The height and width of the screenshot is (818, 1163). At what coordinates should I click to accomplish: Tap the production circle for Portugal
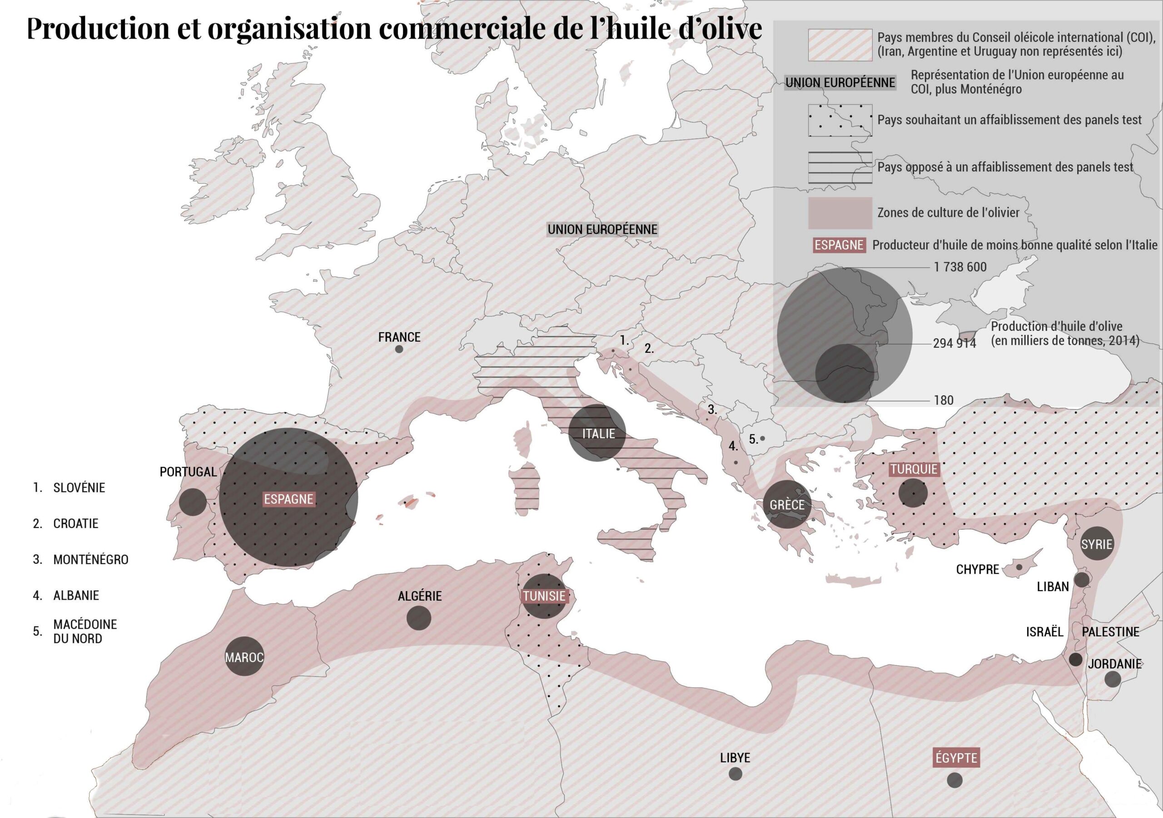pos(193,502)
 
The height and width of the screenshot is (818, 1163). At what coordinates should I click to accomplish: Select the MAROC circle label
pos(244,657)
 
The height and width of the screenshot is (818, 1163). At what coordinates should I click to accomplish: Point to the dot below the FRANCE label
pos(399,349)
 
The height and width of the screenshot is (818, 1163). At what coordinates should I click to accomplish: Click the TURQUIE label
pos(914,469)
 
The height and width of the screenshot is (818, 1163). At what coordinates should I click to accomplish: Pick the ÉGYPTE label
pos(956,758)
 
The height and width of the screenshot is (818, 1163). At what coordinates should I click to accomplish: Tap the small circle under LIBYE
pos(736,774)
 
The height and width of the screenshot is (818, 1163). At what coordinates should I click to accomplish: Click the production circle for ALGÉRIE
pos(419,618)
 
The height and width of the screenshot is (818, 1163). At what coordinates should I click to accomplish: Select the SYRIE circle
pos(1097,544)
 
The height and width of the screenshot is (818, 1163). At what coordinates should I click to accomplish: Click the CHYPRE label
pos(977,569)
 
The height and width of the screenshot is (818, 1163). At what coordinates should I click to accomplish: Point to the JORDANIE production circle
pos(1113,679)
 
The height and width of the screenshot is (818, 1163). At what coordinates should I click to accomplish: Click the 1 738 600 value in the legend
pos(960,267)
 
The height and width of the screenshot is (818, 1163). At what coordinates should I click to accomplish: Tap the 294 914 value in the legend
pos(954,343)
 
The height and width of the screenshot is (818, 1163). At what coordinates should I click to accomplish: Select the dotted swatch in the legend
pos(840,120)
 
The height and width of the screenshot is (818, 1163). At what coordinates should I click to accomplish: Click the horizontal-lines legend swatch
pos(840,167)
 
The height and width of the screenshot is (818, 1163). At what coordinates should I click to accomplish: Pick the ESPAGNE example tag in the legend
pos(838,245)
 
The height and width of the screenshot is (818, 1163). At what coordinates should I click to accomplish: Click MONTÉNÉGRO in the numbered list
pos(91,559)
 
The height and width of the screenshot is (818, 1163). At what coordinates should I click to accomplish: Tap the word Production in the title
pos(98,28)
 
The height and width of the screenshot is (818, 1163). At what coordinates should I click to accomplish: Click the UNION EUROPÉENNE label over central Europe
pos(602,229)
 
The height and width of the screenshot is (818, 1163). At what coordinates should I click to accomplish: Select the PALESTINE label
pos(1110,632)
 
